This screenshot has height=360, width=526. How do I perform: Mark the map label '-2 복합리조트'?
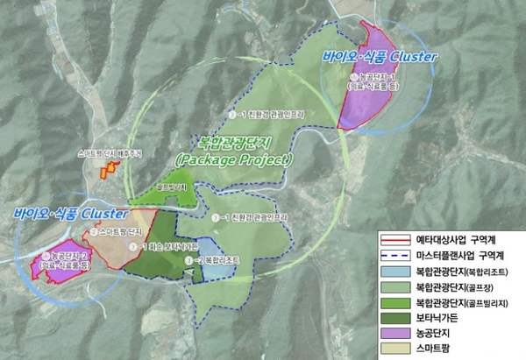click(x=215, y=261)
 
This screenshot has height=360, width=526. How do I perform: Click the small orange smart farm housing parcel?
click(x=108, y=169)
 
